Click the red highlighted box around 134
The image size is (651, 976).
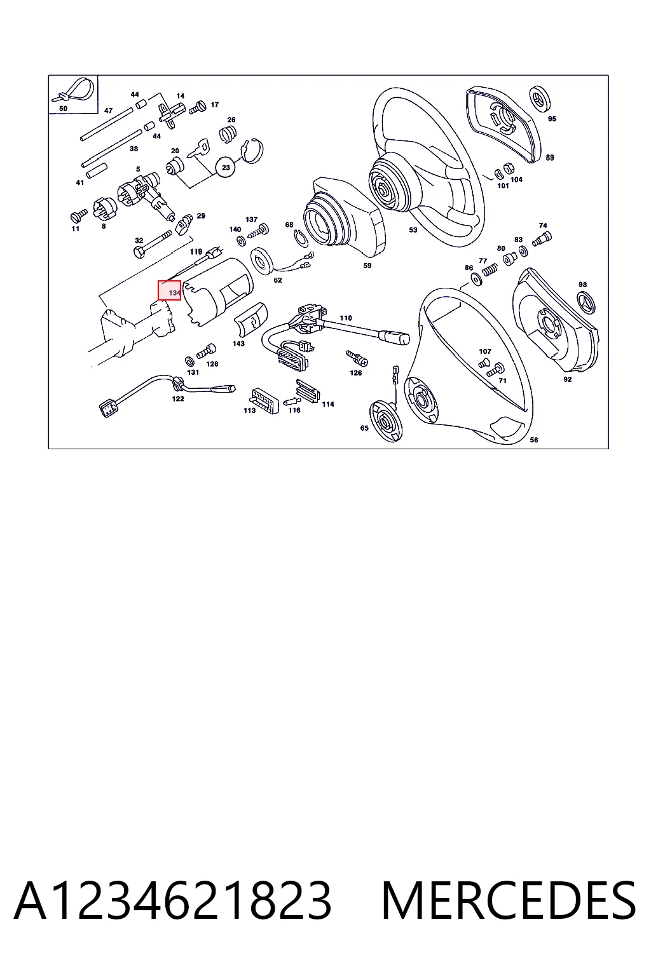169,290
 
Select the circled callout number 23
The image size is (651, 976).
226,167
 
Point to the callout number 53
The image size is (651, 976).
413,229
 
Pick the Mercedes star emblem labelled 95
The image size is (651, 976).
540,98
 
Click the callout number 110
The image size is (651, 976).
346,318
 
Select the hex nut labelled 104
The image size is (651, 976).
508,168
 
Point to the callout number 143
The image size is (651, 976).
238,343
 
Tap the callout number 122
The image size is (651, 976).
178,398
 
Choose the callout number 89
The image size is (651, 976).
549,158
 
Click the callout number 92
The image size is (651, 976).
567,379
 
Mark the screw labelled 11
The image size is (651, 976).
78,215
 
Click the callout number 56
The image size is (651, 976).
534,440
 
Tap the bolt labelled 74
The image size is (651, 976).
542,239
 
